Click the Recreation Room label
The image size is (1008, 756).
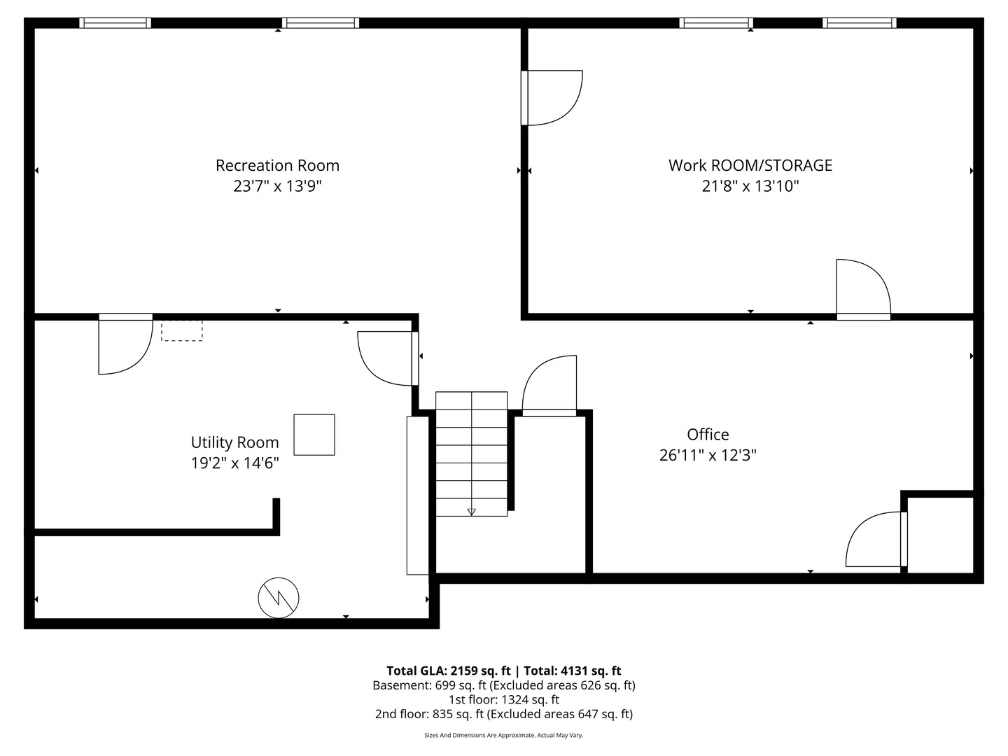coord(277,165)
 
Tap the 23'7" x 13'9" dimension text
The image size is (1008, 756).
coord(277,186)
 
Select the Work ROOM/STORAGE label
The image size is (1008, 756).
coord(750,165)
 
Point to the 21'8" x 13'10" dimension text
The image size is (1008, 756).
coord(750,186)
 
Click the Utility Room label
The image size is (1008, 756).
coord(234,442)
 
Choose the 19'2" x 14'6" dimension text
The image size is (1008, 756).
coord(234,463)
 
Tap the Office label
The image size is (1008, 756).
coord(708,434)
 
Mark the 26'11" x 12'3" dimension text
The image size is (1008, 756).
coord(708,455)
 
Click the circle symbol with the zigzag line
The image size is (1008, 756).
coord(279,598)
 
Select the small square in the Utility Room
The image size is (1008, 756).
coord(314,435)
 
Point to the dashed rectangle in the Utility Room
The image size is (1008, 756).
coord(182,330)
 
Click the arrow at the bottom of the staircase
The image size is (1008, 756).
coord(471,512)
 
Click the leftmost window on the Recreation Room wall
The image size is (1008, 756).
coord(115,23)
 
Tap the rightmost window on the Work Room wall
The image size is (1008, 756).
coord(859,23)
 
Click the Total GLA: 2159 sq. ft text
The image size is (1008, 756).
coord(450,671)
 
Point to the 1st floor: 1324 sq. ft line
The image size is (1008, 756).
coord(503,699)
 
